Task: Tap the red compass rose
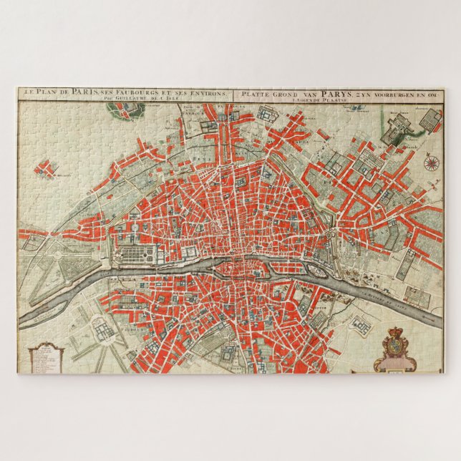(x=431, y=162)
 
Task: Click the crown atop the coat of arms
(x=395, y=333)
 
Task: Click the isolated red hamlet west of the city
(x=46, y=170)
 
